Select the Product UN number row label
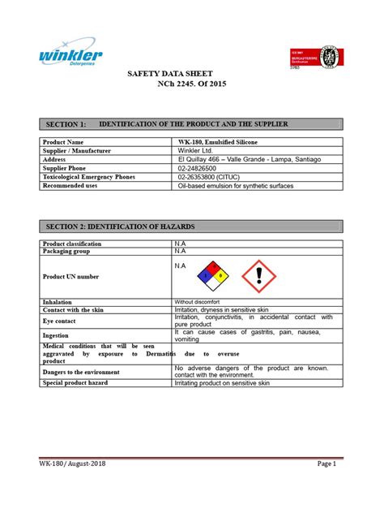pos(70,277)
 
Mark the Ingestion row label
pos(57,335)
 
